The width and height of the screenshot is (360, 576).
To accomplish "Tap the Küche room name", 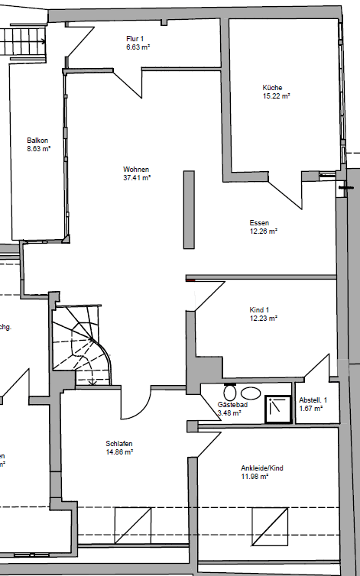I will (x=273, y=87).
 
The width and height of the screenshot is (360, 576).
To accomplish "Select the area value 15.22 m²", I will (x=276, y=96).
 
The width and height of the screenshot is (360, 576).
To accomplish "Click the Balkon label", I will (x=38, y=141).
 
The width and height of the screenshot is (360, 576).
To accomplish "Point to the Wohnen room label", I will (x=136, y=169).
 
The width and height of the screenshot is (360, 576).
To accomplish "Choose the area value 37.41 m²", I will (x=137, y=177).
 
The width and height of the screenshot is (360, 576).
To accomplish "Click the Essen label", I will (x=259, y=222).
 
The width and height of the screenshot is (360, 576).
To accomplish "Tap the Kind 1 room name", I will (x=260, y=309).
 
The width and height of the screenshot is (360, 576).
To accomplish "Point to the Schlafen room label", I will (x=120, y=443).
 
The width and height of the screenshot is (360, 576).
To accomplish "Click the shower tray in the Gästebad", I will (x=278, y=409).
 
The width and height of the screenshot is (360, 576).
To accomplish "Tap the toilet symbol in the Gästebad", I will (x=230, y=390).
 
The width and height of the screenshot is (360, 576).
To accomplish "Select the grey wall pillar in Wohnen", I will (x=188, y=209).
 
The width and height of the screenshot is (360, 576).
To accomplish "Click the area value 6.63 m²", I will (x=138, y=47).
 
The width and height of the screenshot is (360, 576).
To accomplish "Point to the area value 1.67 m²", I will (x=310, y=409).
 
